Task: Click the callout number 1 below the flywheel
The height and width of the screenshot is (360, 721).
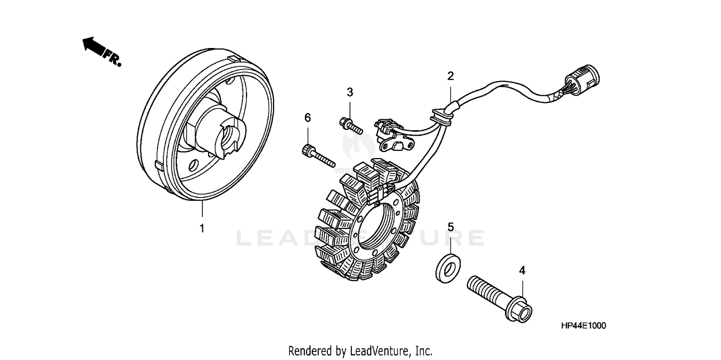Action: pos(202,229)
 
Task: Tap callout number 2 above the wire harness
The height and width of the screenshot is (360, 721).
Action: pos(450,75)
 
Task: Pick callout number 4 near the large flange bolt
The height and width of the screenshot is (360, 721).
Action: pos(522,270)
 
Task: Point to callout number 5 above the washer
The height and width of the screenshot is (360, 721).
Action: pos(450,227)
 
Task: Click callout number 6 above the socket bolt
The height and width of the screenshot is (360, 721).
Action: pos(308,118)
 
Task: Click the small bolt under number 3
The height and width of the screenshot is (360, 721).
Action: pos(350,125)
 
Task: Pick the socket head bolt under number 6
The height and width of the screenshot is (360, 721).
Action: pos(317,157)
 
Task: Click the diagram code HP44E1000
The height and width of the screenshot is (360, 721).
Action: pos(583,326)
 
